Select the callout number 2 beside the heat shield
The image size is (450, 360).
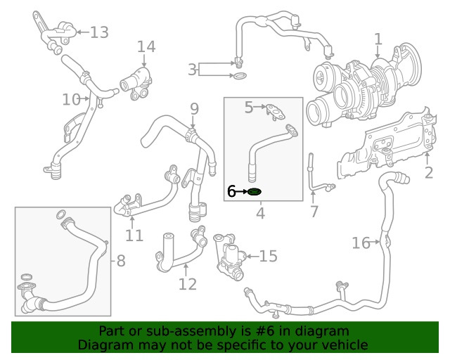428,173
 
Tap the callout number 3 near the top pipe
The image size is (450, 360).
192,70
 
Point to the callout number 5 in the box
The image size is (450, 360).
249,108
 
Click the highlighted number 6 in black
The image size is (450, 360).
231,191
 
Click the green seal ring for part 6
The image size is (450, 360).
255,191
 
